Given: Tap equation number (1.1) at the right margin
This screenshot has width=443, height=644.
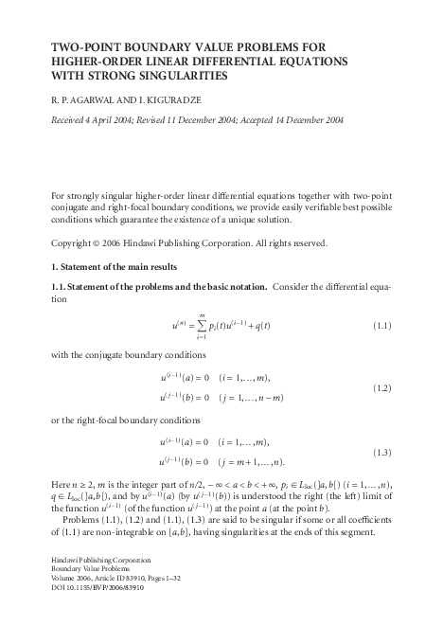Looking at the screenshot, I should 378,325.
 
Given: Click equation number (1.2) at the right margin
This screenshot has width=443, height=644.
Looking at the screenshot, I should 378,388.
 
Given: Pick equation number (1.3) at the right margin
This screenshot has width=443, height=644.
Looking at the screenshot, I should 378,452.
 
